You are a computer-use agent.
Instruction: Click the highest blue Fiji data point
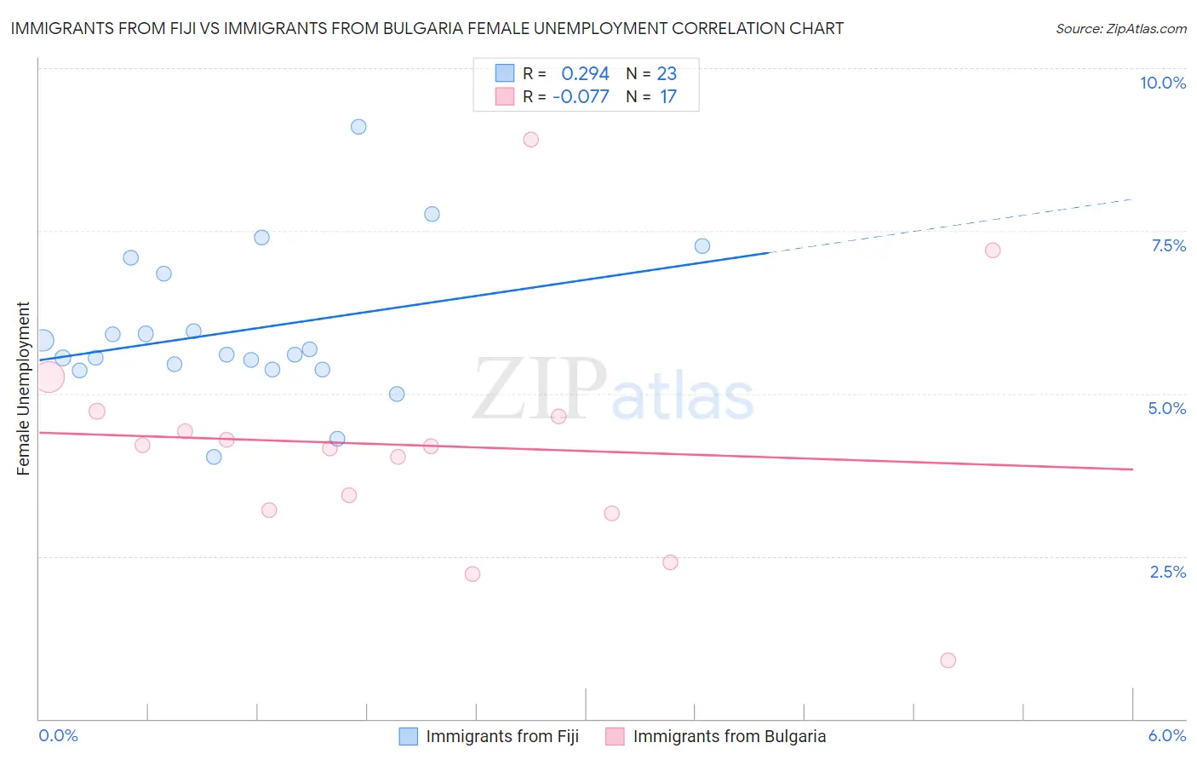(358, 127)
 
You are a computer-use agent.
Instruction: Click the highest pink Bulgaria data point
(531, 140)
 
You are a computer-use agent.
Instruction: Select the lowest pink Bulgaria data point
(948, 660)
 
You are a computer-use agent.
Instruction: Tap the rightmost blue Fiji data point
(702, 246)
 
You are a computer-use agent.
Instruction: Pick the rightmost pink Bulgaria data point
(993, 250)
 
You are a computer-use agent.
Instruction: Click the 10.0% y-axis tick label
(1163, 83)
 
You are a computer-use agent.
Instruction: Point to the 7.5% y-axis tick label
(1168, 245)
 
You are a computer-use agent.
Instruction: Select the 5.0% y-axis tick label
(1166, 408)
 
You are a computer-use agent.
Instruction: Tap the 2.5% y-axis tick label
(1168, 572)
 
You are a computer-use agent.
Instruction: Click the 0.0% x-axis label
(58, 735)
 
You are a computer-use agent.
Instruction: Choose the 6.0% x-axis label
(1166, 735)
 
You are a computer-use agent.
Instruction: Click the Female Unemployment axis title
(23, 389)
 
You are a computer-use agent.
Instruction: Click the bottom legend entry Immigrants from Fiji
(502, 736)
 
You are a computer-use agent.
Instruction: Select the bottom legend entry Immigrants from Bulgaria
(729, 736)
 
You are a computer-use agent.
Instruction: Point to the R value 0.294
(585, 74)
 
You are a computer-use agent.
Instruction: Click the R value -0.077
(581, 97)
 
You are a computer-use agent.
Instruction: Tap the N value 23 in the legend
(667, 74)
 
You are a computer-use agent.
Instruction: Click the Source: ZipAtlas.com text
(1120, 29)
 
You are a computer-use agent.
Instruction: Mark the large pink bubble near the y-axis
(49, 376)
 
